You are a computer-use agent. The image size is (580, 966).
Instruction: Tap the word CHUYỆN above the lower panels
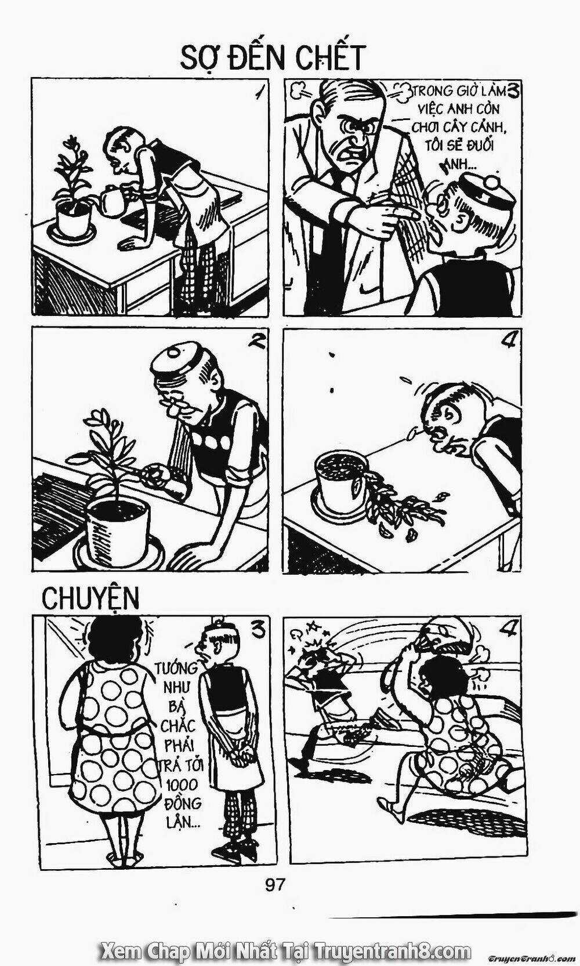90,598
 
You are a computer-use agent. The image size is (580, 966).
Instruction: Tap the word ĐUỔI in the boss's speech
479,144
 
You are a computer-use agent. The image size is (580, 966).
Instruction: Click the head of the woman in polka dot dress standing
114,641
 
